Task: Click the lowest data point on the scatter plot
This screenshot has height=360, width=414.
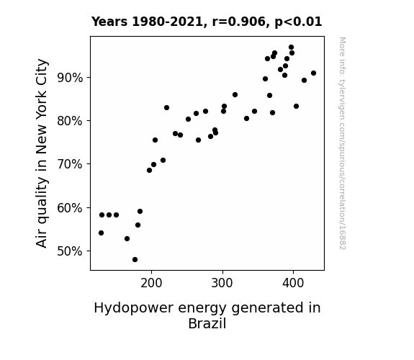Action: [x=135, y=260]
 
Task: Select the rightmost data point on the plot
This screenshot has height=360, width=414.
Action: [x=313, y=73]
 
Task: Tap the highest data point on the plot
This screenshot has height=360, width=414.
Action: [x=291, y=48]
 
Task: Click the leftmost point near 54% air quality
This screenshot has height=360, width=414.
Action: [x=101, y=233]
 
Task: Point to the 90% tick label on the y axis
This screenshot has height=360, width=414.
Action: [x=70, y=78]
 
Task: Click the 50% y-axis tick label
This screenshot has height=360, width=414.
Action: [x=70, y=251]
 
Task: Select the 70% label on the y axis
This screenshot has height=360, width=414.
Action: [x=70, y=164]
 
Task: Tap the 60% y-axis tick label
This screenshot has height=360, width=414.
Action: [x=70, y=208]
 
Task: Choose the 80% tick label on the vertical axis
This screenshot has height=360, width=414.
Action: [x=70, y=121]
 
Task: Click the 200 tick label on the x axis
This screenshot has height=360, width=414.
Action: [x=151, y=284]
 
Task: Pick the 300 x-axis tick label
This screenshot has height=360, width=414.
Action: [x=222, y=284]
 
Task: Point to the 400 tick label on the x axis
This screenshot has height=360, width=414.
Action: [x=293, y=284]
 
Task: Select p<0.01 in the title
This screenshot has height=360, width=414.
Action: [x=298, y=22]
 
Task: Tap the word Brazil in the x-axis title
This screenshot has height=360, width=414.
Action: [x=207, y=323]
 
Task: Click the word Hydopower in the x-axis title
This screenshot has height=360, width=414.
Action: [x=134, y=308]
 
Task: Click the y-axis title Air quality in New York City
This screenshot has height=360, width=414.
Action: [x=42, y=153]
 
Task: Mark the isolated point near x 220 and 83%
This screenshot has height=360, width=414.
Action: [x=166, y=108]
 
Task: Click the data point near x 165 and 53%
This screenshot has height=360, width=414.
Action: [x=127, y=239]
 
